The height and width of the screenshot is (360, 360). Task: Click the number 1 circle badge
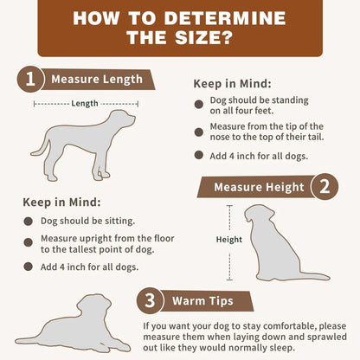(x=30, y=80)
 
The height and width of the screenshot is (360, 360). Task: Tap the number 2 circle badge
(x=325, y=187)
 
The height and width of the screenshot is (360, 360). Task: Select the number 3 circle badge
(x=150, y=301)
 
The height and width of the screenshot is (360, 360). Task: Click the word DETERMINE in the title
(x=225, y=18)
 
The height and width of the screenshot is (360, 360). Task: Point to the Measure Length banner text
(x=97, y=80)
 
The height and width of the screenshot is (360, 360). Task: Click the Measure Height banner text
(x=259, y=187)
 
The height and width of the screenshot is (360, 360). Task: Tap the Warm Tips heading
(x=202, y=301)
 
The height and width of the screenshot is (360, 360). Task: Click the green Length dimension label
(x=85, y=103)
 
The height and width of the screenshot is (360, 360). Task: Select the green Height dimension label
(x=229, y=240)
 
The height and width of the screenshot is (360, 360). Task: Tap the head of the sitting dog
(x=259, y=214)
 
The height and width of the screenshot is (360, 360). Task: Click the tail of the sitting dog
(x=315, y=276)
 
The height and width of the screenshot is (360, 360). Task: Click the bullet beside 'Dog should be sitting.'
(x=29, y=222)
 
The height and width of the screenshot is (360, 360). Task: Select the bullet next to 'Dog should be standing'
(x=199, y=104)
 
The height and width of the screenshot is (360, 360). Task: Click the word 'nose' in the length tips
(x=220, y=137)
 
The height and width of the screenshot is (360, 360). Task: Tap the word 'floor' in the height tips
(x=164, y=239)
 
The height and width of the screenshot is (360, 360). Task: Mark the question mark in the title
(x=227, y=38)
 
